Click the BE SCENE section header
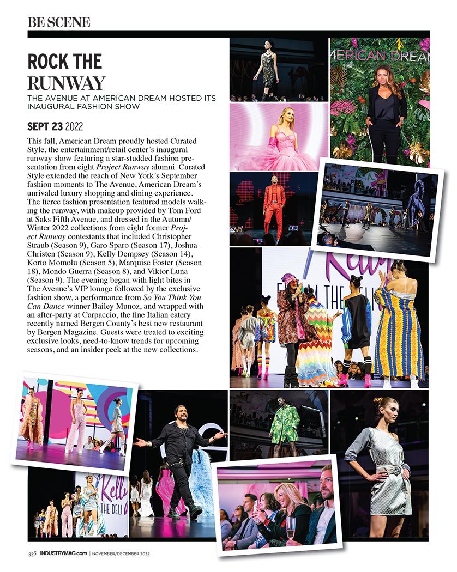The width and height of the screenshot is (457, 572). [58, 22]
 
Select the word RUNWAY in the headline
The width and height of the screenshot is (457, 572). [66, 83]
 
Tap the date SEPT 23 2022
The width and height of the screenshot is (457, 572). [55, 126]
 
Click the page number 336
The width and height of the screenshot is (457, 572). [32, 554]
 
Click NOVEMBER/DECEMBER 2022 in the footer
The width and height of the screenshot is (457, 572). [121, 554]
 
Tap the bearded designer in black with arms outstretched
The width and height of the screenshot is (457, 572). [181, 452]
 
